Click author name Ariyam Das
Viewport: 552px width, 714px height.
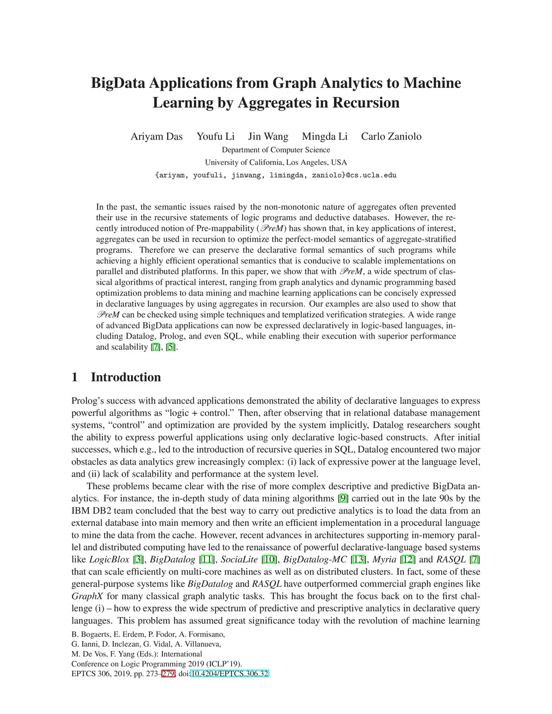[156, 136]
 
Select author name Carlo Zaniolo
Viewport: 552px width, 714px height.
[391, 136]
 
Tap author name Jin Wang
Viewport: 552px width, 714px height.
[268, 136]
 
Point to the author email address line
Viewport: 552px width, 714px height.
[275, 175]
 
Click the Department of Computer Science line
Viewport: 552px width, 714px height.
[275, 150]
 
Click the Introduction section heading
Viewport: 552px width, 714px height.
[126, 377]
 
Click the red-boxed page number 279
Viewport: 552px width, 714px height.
[168, 674]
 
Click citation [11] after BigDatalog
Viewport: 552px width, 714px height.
[206, 560]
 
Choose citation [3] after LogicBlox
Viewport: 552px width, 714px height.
[138, 560]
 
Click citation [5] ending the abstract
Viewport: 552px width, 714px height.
[171, 347]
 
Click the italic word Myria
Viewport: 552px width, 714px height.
[384, 560]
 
